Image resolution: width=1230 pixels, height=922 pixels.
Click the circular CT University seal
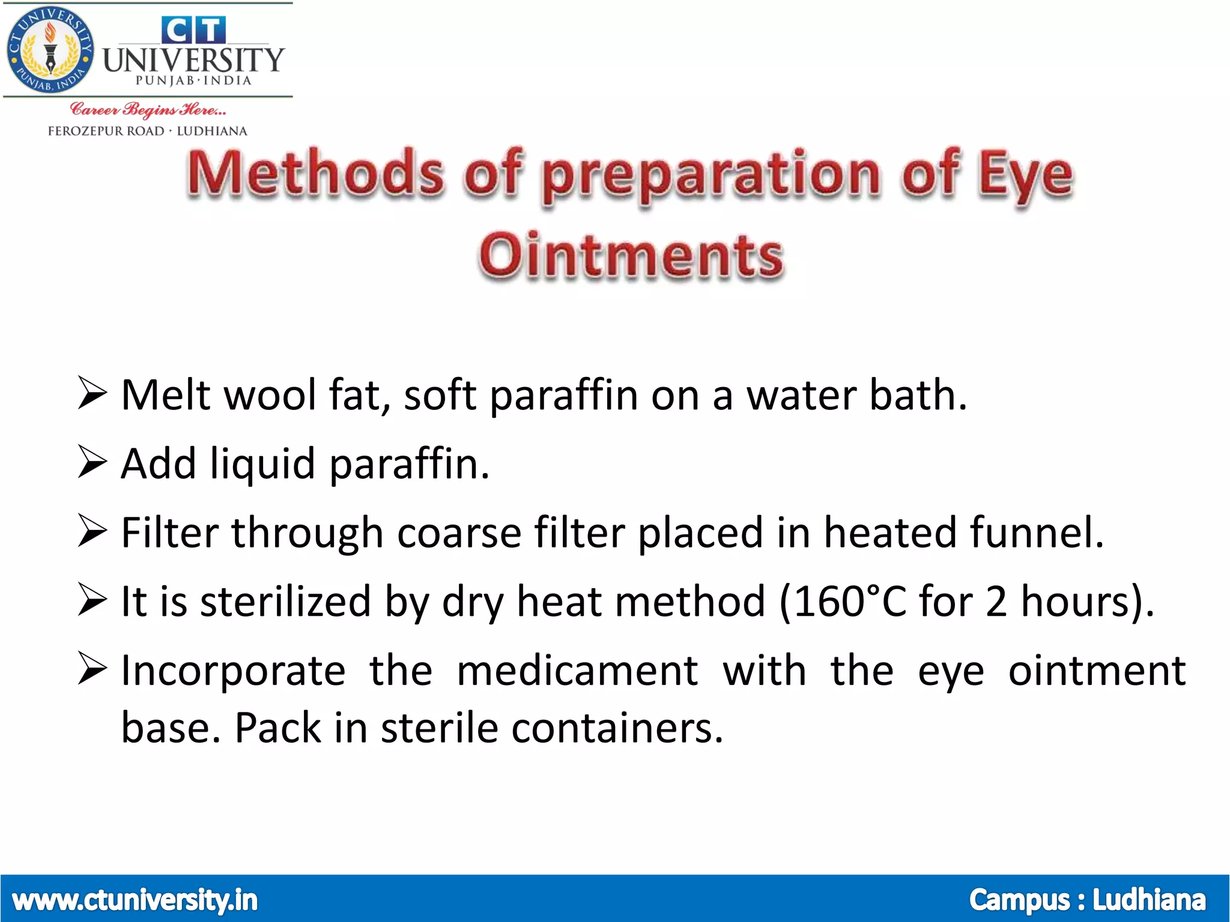click(50, 50)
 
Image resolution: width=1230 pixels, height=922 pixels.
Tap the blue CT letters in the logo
click(193, 29)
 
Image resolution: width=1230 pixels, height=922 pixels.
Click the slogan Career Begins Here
click(148, 109)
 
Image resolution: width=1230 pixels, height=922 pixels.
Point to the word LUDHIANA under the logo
click(211, 131)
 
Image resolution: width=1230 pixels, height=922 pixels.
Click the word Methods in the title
click(315, 174)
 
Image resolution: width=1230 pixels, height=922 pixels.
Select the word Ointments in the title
click(631, 257)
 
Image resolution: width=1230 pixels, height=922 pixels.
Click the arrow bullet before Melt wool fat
click(92, 394)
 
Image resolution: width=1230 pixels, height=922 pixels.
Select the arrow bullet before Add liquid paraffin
click(92, 463)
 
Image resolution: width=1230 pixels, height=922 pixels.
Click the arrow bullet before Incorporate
click(92, 669)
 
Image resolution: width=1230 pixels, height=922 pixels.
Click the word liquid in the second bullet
click(262, 464)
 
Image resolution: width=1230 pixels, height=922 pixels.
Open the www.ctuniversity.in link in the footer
click(135, 900)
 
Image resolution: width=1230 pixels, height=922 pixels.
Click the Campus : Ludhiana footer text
click(1087, 900)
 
